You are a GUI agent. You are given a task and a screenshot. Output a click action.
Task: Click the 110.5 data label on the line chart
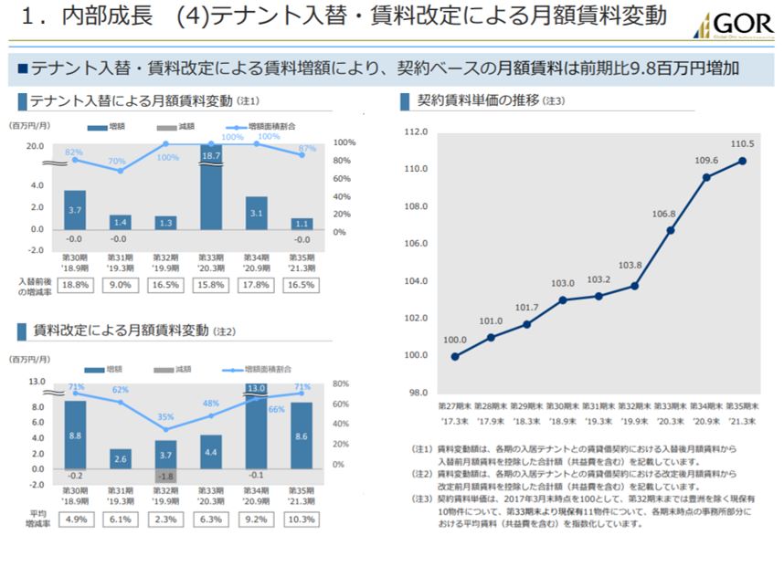pos(742,144)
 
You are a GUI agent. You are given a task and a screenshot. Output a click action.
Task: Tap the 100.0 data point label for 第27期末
pos(454,341)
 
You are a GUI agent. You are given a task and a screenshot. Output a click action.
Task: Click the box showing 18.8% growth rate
pos(75,285)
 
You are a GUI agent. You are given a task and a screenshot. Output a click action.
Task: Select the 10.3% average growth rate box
pos(302,520)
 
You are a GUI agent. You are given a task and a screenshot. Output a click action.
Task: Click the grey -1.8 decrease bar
pos(165,477)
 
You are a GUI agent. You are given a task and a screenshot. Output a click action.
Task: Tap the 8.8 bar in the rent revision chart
pos(75,436)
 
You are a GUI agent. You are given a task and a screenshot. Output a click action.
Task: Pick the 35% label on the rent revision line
pos(165,417)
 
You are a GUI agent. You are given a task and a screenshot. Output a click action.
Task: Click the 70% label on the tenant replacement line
pos(117,162)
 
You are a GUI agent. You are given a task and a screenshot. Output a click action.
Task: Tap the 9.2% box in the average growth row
pos(256,520)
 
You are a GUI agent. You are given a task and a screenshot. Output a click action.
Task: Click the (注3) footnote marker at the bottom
pos(420,498)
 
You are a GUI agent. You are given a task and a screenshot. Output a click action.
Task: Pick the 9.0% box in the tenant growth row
pos(121,285)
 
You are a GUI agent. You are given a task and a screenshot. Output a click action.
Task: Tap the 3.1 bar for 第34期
pos(257,213)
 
